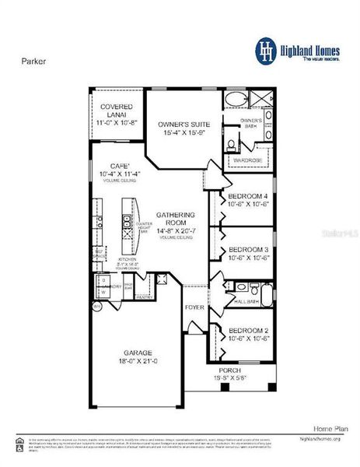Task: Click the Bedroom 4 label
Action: pos(247,195)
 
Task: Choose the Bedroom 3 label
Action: pos(247,250)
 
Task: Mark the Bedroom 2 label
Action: pos(247,330)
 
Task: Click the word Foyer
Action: pos(194,307)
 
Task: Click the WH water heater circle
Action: pos(96,307)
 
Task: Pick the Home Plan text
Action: pos(329,428)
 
